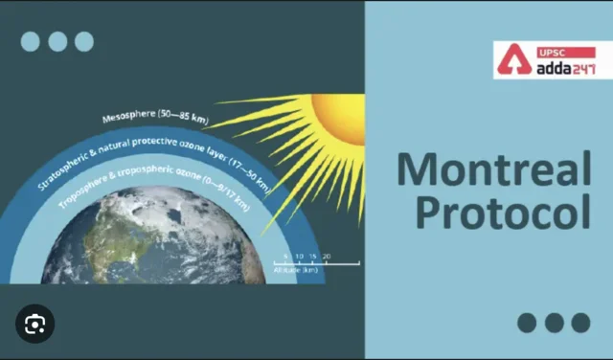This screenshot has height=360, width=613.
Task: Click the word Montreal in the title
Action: coord(492,169)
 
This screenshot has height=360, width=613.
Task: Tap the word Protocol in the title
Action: coord(492,213)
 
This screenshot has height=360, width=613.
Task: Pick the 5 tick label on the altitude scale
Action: coord(285,257)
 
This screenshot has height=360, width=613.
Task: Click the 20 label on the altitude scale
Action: coord(327,257)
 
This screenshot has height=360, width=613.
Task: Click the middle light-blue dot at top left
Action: coord(57,41)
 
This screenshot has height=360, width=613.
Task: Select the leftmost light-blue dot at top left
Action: coord(31,41)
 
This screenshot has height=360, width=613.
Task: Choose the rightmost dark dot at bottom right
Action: coord(580,323)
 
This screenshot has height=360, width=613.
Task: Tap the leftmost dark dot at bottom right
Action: coord(527,323)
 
